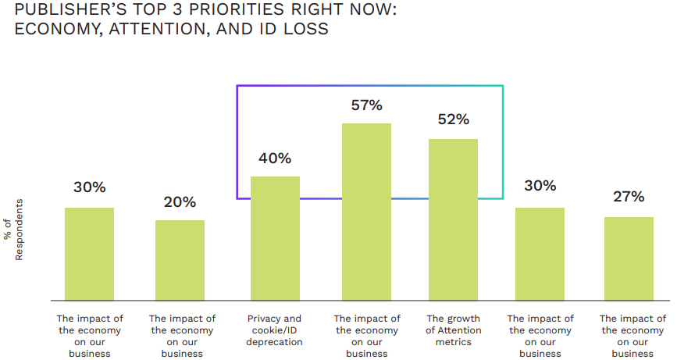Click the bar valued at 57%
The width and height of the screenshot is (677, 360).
[366, 212]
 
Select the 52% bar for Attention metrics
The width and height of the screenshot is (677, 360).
[453, 219]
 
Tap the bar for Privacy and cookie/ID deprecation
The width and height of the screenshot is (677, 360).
[275, 238]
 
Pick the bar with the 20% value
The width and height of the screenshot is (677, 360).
[180, 260]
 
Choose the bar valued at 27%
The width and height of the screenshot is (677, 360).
[629, 258]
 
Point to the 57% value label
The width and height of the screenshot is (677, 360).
[366, 105]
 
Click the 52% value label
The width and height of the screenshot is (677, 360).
[453, 119]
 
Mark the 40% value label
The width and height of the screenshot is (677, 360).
[275, 159]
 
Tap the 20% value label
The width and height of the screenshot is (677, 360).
[180, 202]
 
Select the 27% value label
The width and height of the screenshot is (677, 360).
[629, 196]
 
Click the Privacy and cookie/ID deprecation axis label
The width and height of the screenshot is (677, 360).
[275, 330]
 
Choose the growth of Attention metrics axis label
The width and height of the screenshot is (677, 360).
[453, 330]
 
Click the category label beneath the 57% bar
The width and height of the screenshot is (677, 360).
[366, 336]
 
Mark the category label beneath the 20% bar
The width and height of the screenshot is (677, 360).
[181, 336]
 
